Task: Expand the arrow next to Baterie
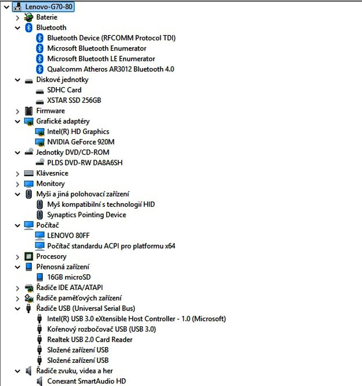click(18, 17)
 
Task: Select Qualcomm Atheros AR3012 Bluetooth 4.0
click(111, 69)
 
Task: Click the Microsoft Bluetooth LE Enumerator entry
click(101, 59)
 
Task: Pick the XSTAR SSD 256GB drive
click(74, 100)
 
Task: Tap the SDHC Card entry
click(64, 90)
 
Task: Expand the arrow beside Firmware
click(18, 111)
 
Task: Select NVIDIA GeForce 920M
click(83, 142)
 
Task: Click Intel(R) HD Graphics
click(78, 131)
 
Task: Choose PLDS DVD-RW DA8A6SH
click(85, 163)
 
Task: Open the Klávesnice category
click(52, 173)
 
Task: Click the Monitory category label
click(50, 184)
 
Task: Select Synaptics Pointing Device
click(86, 215)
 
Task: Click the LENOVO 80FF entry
click(68, 235)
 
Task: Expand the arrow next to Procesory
click(18, 257)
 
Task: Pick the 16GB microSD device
click(69, 277)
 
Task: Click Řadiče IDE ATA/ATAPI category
click(69, 288)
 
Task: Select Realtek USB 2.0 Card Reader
click(90, 339)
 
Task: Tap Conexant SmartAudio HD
click(86, 381)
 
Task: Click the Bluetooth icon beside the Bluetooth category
click(29, 28)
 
